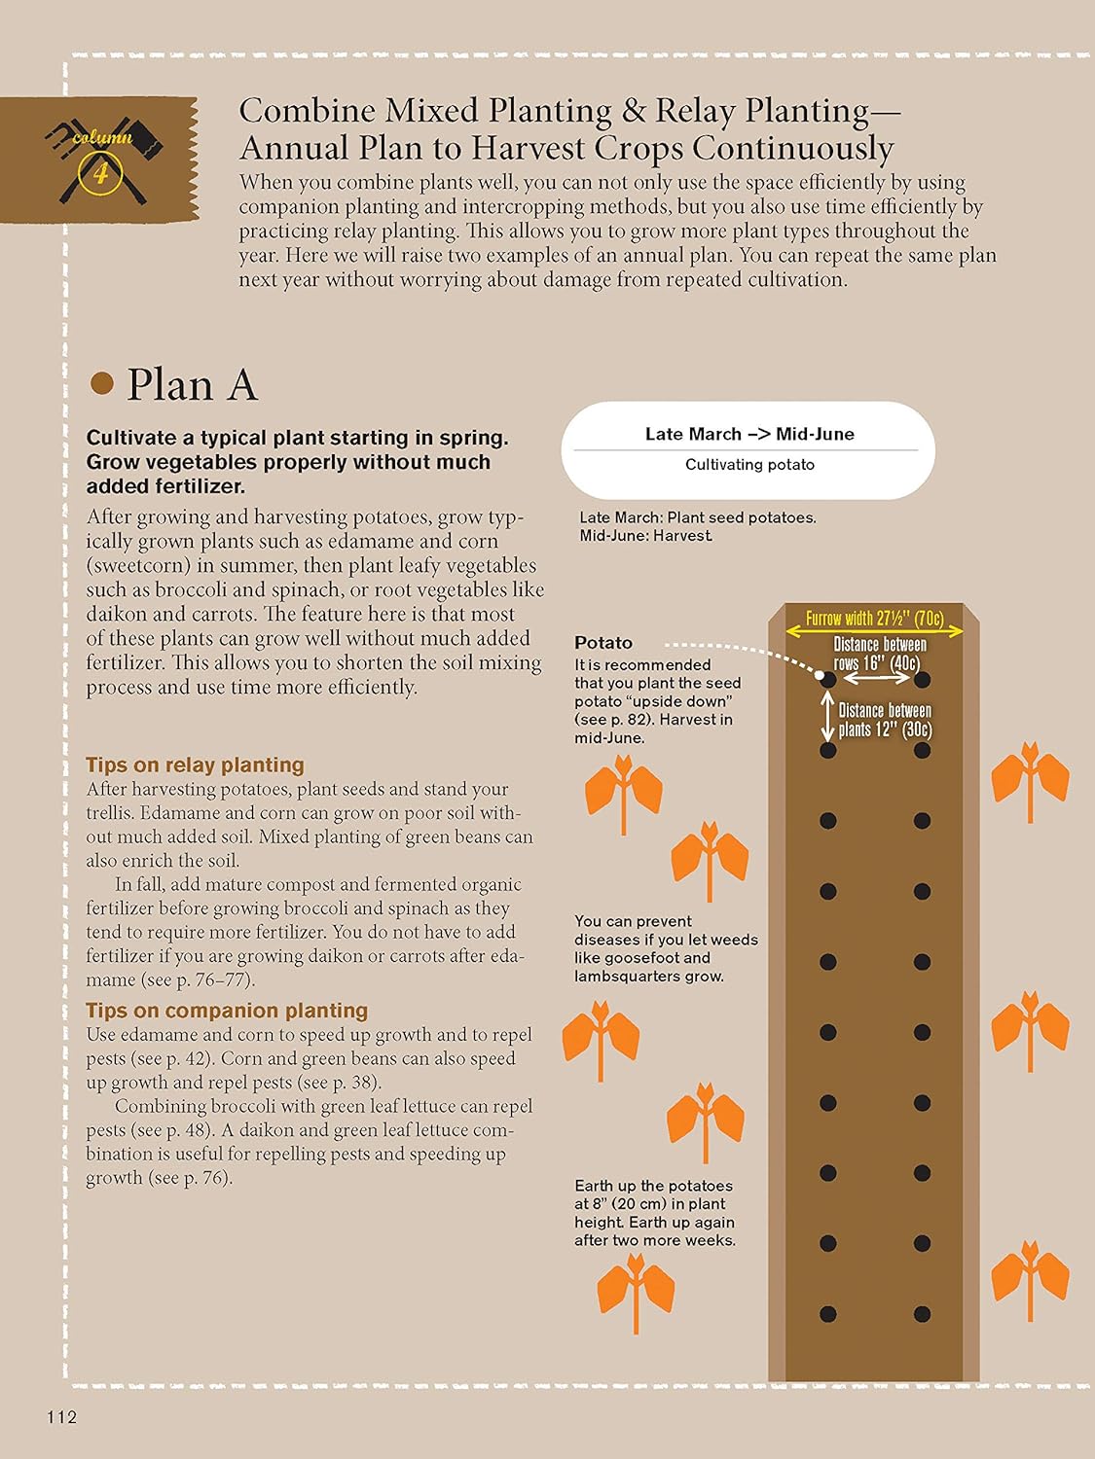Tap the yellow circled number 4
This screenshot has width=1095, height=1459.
pyautogui.click(x=101, y=173)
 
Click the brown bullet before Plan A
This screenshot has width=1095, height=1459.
pyautogui.click(x=102, y=383)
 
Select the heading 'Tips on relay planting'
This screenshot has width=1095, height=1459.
pyautogui.click(x=195, y=765)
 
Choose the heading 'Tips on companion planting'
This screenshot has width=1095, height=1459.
pyautogui.click(x=227, y=1011)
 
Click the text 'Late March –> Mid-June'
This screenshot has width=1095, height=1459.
pyautogui.click(x=749, y=434)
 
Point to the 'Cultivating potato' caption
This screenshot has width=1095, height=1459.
pyautogui.click(x=749, y=465)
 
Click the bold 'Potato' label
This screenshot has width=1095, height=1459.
pyautogui.click(x=603, y=643)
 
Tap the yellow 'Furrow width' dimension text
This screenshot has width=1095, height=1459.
pyautogui.click(x=874, y=619)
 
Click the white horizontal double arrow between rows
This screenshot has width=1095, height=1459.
pyautogui.click(x=876, y=678)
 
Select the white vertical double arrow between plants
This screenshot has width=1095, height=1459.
pyautogui.click(x=827, y=717)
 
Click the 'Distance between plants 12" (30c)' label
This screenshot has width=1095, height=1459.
pyautogui.click(x=885, y=720)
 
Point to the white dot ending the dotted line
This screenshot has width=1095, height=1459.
pyautogui.click(x=820, y=675)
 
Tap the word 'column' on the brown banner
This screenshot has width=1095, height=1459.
pyautogui.click(x=102, y=138)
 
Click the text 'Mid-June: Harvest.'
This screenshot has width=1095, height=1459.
pyautogui.click(x=645, y=536)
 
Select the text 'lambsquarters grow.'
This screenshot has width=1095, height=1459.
pyautogui.click(x=649, y=977)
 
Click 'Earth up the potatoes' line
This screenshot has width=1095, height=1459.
pyautogui.click(x=653, y=1186)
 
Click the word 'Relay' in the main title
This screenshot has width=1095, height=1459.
pyautogui.click(x=694, y=111)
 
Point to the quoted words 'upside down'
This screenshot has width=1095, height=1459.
pyautogui.click(x=675, y=701)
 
